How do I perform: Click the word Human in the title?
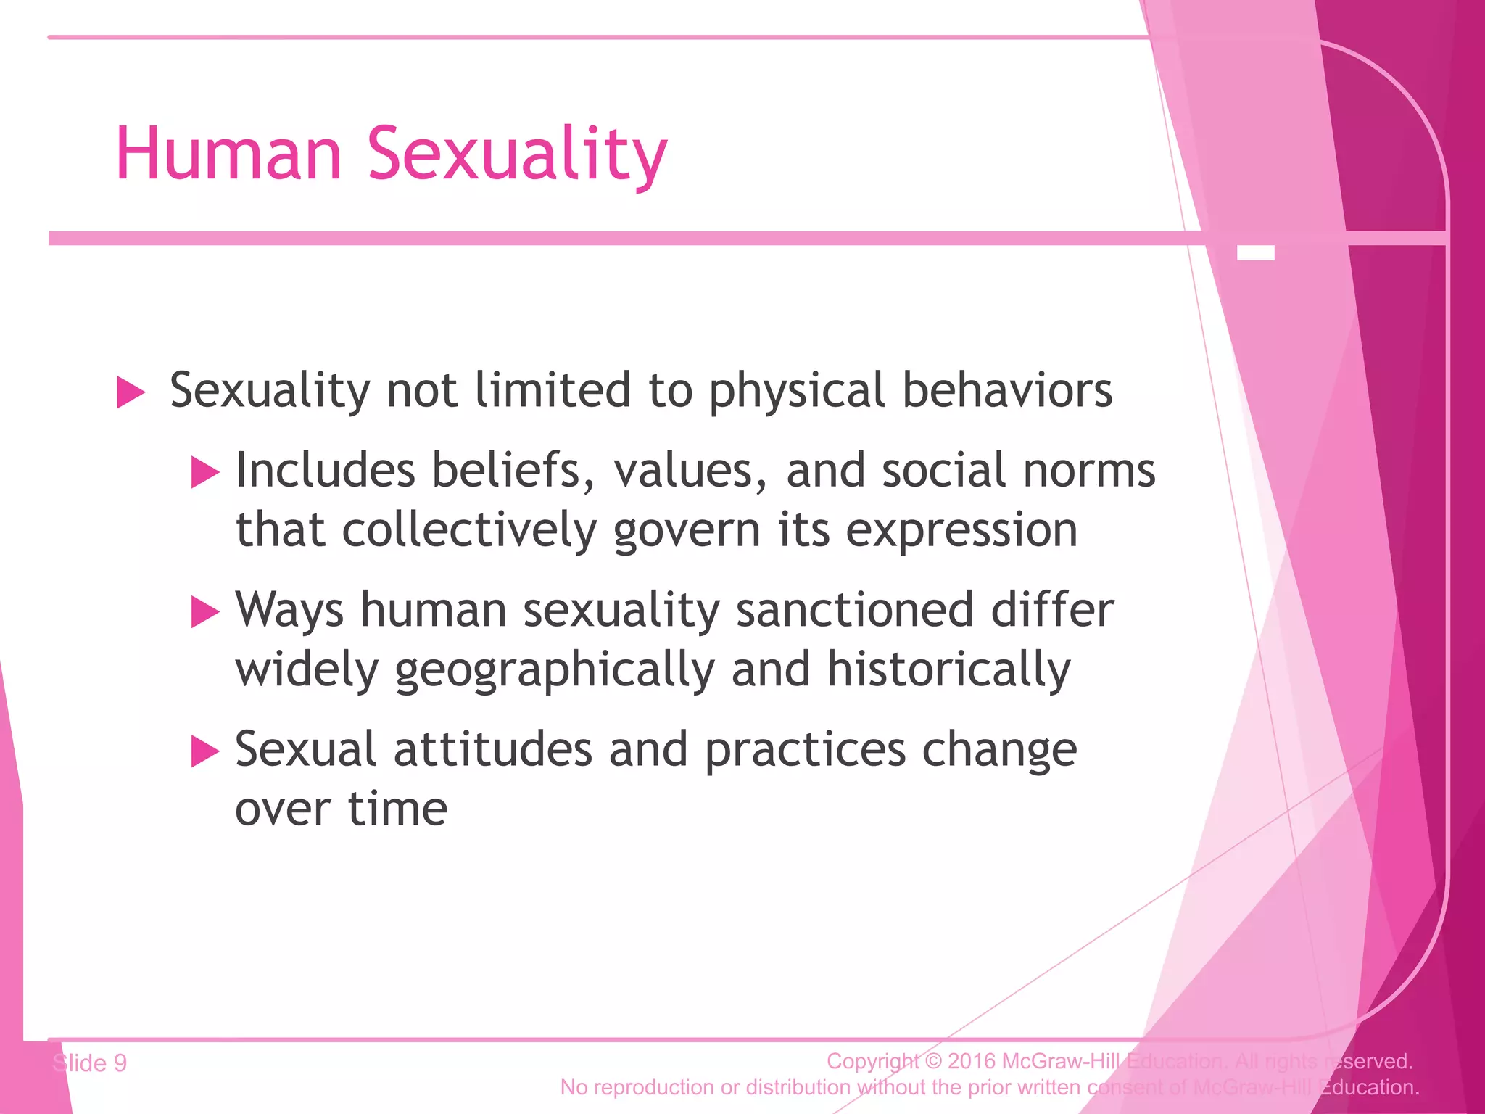click(228, 154)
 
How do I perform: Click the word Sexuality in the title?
click(517, 155)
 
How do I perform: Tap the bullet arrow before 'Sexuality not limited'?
click(131, 393)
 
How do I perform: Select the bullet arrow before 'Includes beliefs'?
click(204, 473)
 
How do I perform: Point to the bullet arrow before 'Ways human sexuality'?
click(204, 612)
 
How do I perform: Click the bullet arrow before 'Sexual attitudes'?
click(204, 751)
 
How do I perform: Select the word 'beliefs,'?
click(513, 470)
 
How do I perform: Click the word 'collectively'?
click(469, 530)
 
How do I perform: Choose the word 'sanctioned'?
click(854, 609)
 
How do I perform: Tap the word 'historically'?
click(948, 669)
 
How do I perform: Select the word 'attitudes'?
click(493, 748)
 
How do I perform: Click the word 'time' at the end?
click(397, 809)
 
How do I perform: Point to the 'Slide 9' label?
click(90, 1063)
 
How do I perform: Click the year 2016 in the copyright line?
click(972, 1061)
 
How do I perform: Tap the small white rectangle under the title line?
click(1255, 253)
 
